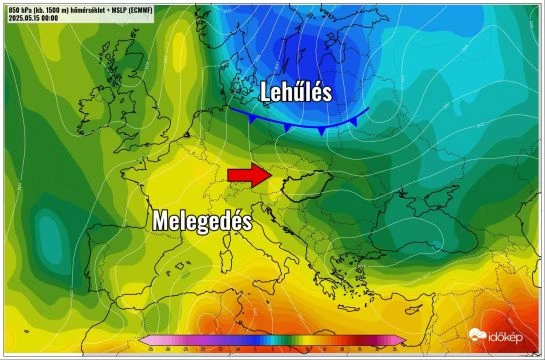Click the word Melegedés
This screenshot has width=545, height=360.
pos(202,220)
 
